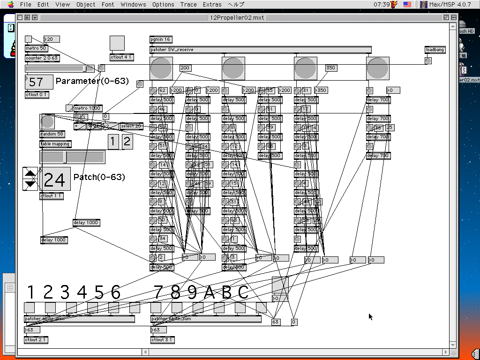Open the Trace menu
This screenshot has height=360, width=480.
[188, 5]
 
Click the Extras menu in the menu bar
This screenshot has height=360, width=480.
[212, 5]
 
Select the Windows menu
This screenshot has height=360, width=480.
[133, 5]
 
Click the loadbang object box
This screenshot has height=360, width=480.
[435, 50]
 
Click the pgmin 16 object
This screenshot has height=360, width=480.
[161, 39]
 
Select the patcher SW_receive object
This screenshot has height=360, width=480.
[260, 50]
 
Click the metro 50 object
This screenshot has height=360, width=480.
[36, 48]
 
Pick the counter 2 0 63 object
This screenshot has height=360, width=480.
[42, 58]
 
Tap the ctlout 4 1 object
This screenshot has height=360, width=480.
[121, 57]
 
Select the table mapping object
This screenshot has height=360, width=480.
[55, 144]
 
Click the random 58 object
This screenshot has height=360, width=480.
[52, 134]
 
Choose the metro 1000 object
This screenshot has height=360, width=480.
[88, 108]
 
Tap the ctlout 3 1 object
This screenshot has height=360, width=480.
[162, 340]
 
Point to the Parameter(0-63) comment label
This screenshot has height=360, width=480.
[92, 81]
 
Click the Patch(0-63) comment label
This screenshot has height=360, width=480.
[99, 178]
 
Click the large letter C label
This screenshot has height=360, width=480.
[243, 292]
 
